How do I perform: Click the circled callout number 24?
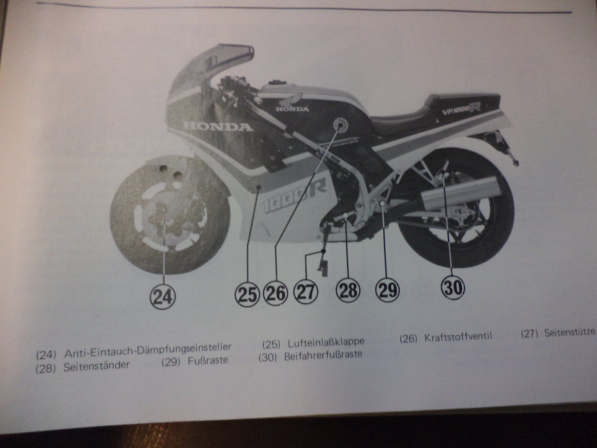163,296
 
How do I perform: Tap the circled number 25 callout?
247,294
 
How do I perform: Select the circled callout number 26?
275,294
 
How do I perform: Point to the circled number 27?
306,292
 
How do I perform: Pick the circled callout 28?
349,290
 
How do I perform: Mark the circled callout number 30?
453,287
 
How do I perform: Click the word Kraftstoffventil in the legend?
458,337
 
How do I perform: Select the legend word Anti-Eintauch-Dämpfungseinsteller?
148,350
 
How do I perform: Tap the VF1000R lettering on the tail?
461,110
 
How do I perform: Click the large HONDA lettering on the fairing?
218,126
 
